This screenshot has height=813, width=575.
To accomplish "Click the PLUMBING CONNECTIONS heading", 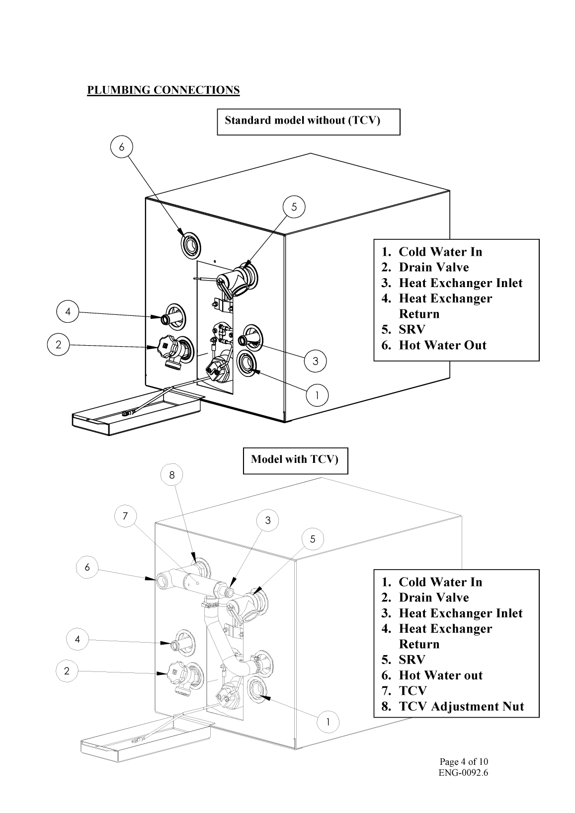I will point(163,90).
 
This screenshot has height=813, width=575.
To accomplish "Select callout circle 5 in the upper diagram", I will point(294,207).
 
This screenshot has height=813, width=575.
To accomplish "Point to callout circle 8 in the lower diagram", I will point(172,475).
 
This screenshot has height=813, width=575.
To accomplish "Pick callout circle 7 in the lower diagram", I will point(125,516).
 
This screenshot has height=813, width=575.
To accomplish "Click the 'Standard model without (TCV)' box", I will point(308,122).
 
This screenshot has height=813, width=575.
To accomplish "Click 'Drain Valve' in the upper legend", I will point(433,267).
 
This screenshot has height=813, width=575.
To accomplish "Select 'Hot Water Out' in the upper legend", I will point(442,345).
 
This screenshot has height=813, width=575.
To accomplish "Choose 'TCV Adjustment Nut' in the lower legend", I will point(461,706).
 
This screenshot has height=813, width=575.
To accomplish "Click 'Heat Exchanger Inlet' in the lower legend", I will point(460,613).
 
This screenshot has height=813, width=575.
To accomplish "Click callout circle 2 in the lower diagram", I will point(67,671).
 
